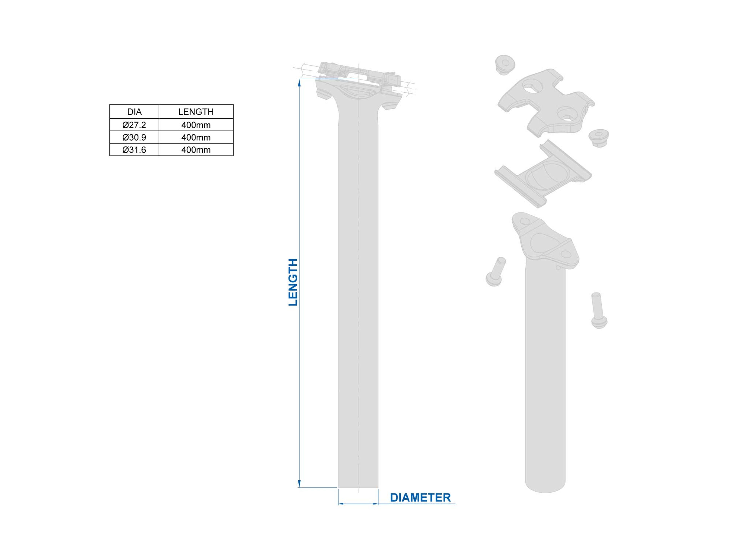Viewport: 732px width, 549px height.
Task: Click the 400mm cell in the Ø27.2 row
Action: [x=196, y=125]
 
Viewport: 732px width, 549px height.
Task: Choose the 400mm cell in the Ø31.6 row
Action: [x=196, y=150]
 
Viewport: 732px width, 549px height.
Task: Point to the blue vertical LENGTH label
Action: [x=293, y=282]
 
